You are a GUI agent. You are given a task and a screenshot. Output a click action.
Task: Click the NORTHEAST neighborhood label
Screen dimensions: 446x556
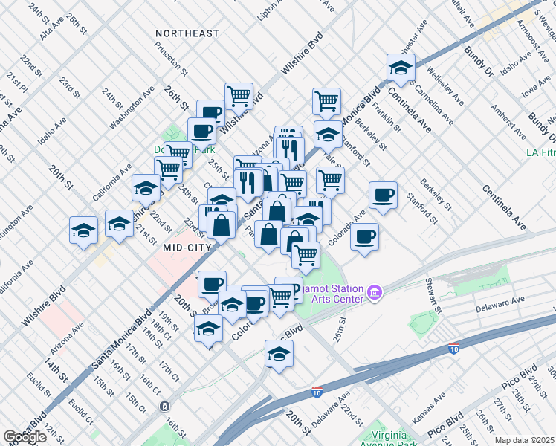click(187, 33)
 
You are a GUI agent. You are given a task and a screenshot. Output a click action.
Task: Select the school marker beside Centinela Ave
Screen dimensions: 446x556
click(401, 68)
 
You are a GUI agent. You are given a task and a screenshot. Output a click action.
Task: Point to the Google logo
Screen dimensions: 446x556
click(25, 436)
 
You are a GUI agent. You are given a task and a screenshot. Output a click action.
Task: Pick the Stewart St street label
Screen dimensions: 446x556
click(433, 296)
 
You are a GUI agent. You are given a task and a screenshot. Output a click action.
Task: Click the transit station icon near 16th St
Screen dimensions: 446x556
click(164, 407)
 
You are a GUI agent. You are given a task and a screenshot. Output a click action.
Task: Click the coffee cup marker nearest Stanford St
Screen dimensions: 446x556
click(383, 195)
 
